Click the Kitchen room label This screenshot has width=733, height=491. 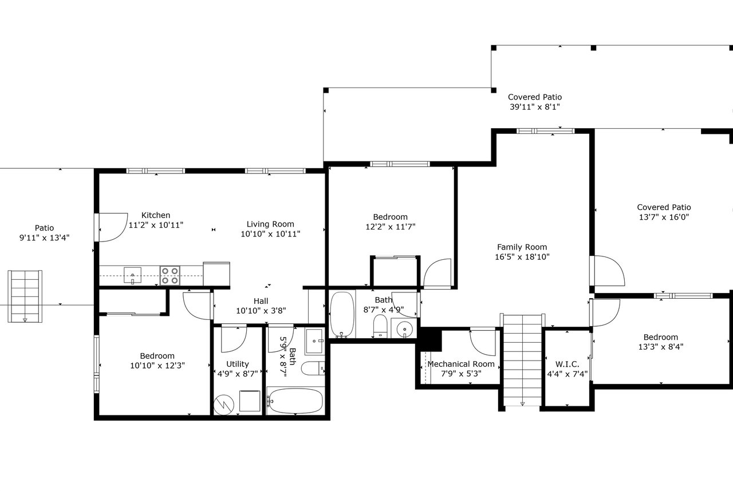point(156,215)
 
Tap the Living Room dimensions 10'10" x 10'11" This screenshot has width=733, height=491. point(270,233)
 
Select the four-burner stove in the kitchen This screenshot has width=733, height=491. point(170,276)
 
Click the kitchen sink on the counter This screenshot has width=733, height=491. point(132,275)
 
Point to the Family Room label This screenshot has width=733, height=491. point(522,247)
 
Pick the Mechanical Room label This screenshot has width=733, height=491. point(461,364)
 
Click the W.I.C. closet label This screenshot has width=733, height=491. point(567,364)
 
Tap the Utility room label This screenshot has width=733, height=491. point(238,364)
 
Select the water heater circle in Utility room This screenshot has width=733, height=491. point(224,405)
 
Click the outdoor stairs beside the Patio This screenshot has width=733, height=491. point(25,296)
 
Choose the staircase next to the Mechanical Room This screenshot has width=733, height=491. point(522,359)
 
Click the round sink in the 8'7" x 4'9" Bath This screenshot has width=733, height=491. point(405,328)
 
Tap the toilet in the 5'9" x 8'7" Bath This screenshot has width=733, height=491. point(313,369)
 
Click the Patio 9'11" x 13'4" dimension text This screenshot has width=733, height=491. point(45,237)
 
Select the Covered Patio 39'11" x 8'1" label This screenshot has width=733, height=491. point(535,102)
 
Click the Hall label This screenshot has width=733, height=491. point(261,301)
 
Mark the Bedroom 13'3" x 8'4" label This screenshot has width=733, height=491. point(661,342)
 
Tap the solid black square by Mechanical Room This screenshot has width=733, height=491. point(431,339)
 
